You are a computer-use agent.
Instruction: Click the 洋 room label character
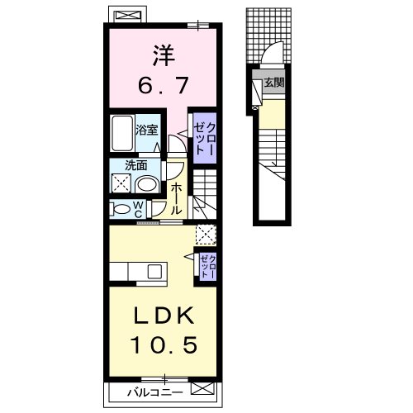(164, 55)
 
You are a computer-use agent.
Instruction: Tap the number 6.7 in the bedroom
(164, 84)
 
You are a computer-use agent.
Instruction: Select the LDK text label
(164, 316)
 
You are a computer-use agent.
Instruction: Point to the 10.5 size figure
(164, 344)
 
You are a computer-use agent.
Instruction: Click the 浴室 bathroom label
(146, 130)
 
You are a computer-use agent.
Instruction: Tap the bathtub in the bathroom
(122, 133)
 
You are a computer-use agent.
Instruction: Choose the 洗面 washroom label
(135, 165)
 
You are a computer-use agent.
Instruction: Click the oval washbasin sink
(147, 184)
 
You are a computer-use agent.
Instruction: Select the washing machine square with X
(121, 183)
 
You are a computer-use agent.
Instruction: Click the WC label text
(139, 209)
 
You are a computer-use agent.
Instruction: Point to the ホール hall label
(176, 199)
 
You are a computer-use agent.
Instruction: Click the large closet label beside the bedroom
(204, 138)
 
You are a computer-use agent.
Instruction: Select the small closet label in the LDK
(208, 266)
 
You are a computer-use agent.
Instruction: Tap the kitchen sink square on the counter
(154, 271)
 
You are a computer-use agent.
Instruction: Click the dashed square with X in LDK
(206, 235)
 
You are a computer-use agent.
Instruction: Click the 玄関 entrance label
(274, 83)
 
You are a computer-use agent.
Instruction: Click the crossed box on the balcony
(202, 390)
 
